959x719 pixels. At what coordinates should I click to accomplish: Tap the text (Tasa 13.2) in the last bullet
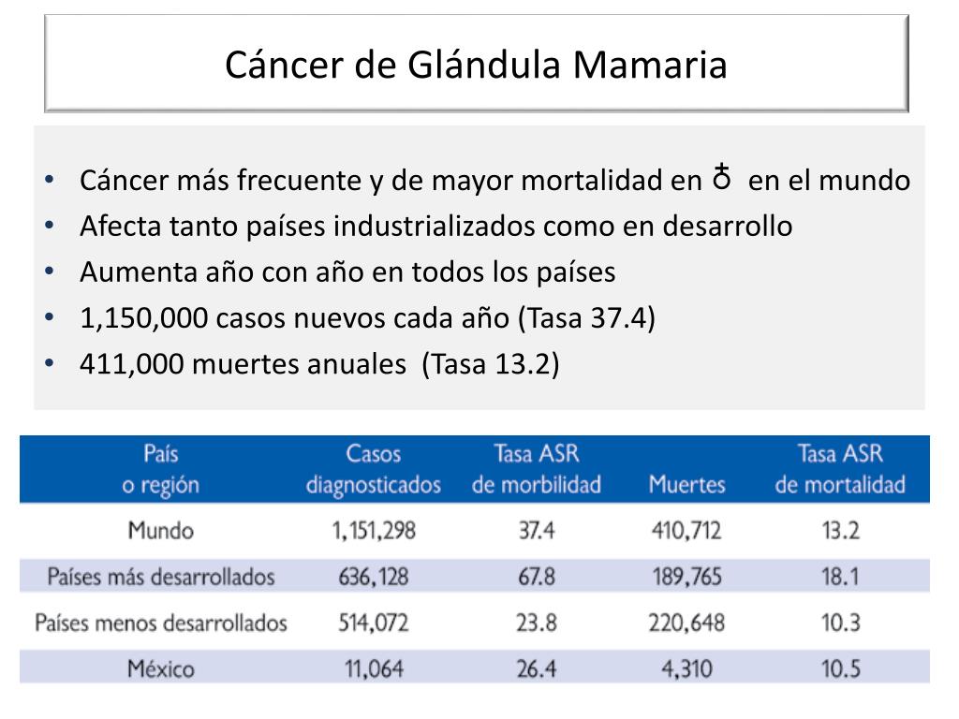(490, 364)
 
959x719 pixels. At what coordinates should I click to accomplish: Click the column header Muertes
(686, 485)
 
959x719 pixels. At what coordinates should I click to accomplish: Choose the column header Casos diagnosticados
(373, 470)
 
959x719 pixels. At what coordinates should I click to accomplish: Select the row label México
(162, 668)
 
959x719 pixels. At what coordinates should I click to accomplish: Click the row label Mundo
(161, 531)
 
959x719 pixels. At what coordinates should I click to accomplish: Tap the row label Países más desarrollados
(161, 577)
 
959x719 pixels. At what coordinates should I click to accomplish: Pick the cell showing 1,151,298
(373, 531)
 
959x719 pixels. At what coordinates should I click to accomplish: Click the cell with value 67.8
(536, 577)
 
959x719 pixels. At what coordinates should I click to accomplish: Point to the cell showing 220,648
(686, 623)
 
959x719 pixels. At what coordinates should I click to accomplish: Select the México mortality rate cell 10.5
(840, 668)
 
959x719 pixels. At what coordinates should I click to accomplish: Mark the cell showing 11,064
(373, 668)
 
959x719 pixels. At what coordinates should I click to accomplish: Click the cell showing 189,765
(686, 577)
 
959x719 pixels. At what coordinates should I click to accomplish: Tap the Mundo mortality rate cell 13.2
(840, 531)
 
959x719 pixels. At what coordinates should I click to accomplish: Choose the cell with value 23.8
(536, 623)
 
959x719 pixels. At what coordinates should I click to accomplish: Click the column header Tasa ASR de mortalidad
(840, 470)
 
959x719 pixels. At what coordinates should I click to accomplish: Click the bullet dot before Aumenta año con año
(49, 272)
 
